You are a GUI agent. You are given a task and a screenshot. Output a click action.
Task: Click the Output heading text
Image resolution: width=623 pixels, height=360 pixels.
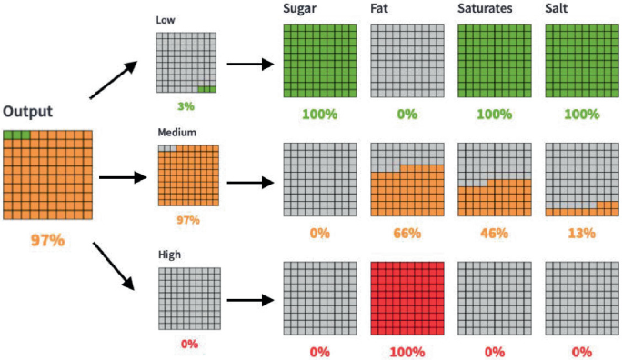27,112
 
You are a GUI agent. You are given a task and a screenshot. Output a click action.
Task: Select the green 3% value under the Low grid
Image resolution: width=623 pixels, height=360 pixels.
186,106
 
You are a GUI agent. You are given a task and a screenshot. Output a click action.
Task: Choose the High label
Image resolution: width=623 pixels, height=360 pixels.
168,255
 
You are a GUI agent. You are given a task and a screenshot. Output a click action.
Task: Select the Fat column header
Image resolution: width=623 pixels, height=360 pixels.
381,9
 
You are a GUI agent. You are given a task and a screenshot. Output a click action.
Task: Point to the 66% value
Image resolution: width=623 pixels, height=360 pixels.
407,234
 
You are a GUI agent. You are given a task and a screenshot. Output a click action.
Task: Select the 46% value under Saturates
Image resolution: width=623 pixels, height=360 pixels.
494,234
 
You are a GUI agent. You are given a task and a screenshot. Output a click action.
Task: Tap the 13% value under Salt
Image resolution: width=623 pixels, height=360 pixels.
581,234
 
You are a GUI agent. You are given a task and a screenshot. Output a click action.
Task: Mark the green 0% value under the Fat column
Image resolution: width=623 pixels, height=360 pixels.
407,115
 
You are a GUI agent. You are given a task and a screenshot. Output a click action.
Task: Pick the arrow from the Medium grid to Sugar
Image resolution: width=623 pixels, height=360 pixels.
250,182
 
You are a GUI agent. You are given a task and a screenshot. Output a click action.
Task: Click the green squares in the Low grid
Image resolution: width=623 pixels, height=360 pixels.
207,89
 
